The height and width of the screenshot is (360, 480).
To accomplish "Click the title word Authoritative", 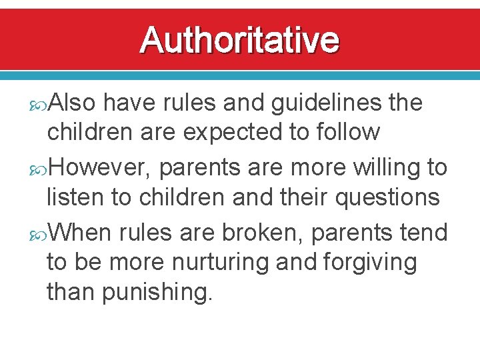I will (239, 40).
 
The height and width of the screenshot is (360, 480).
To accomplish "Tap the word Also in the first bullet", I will (73, 103).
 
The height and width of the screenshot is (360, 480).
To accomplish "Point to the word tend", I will (423, 233).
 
